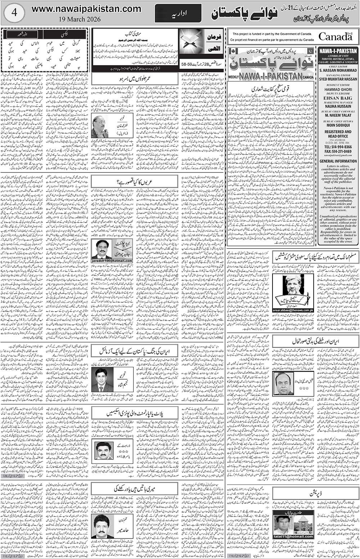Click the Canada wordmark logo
click(x=335, y=36)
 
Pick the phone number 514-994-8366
click(x=338, y=147)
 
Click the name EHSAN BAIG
click(x=338, y=97)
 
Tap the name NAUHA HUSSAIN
click(x=338, y=106)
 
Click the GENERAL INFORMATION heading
click(x=338, y=161)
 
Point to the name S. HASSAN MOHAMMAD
click(x=338, y=71)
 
